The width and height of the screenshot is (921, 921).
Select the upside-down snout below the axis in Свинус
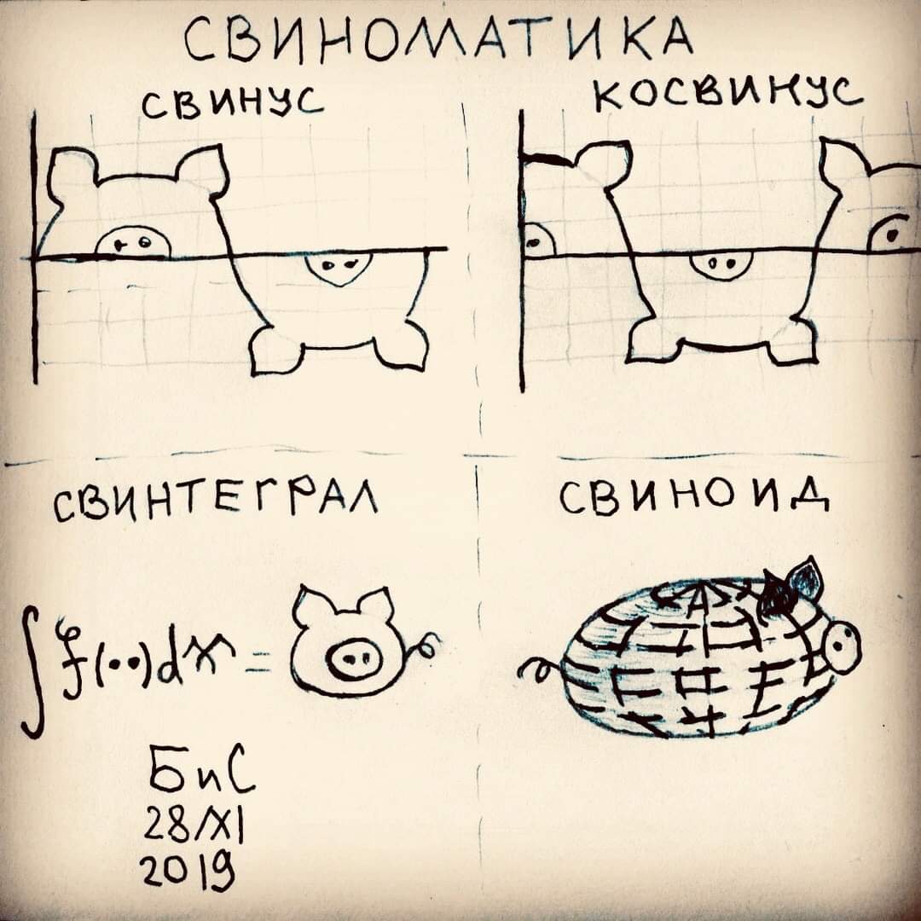pyautogui.click(x=338, y=268)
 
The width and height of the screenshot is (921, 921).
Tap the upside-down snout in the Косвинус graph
pyautogui.click(x=720, y=264)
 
